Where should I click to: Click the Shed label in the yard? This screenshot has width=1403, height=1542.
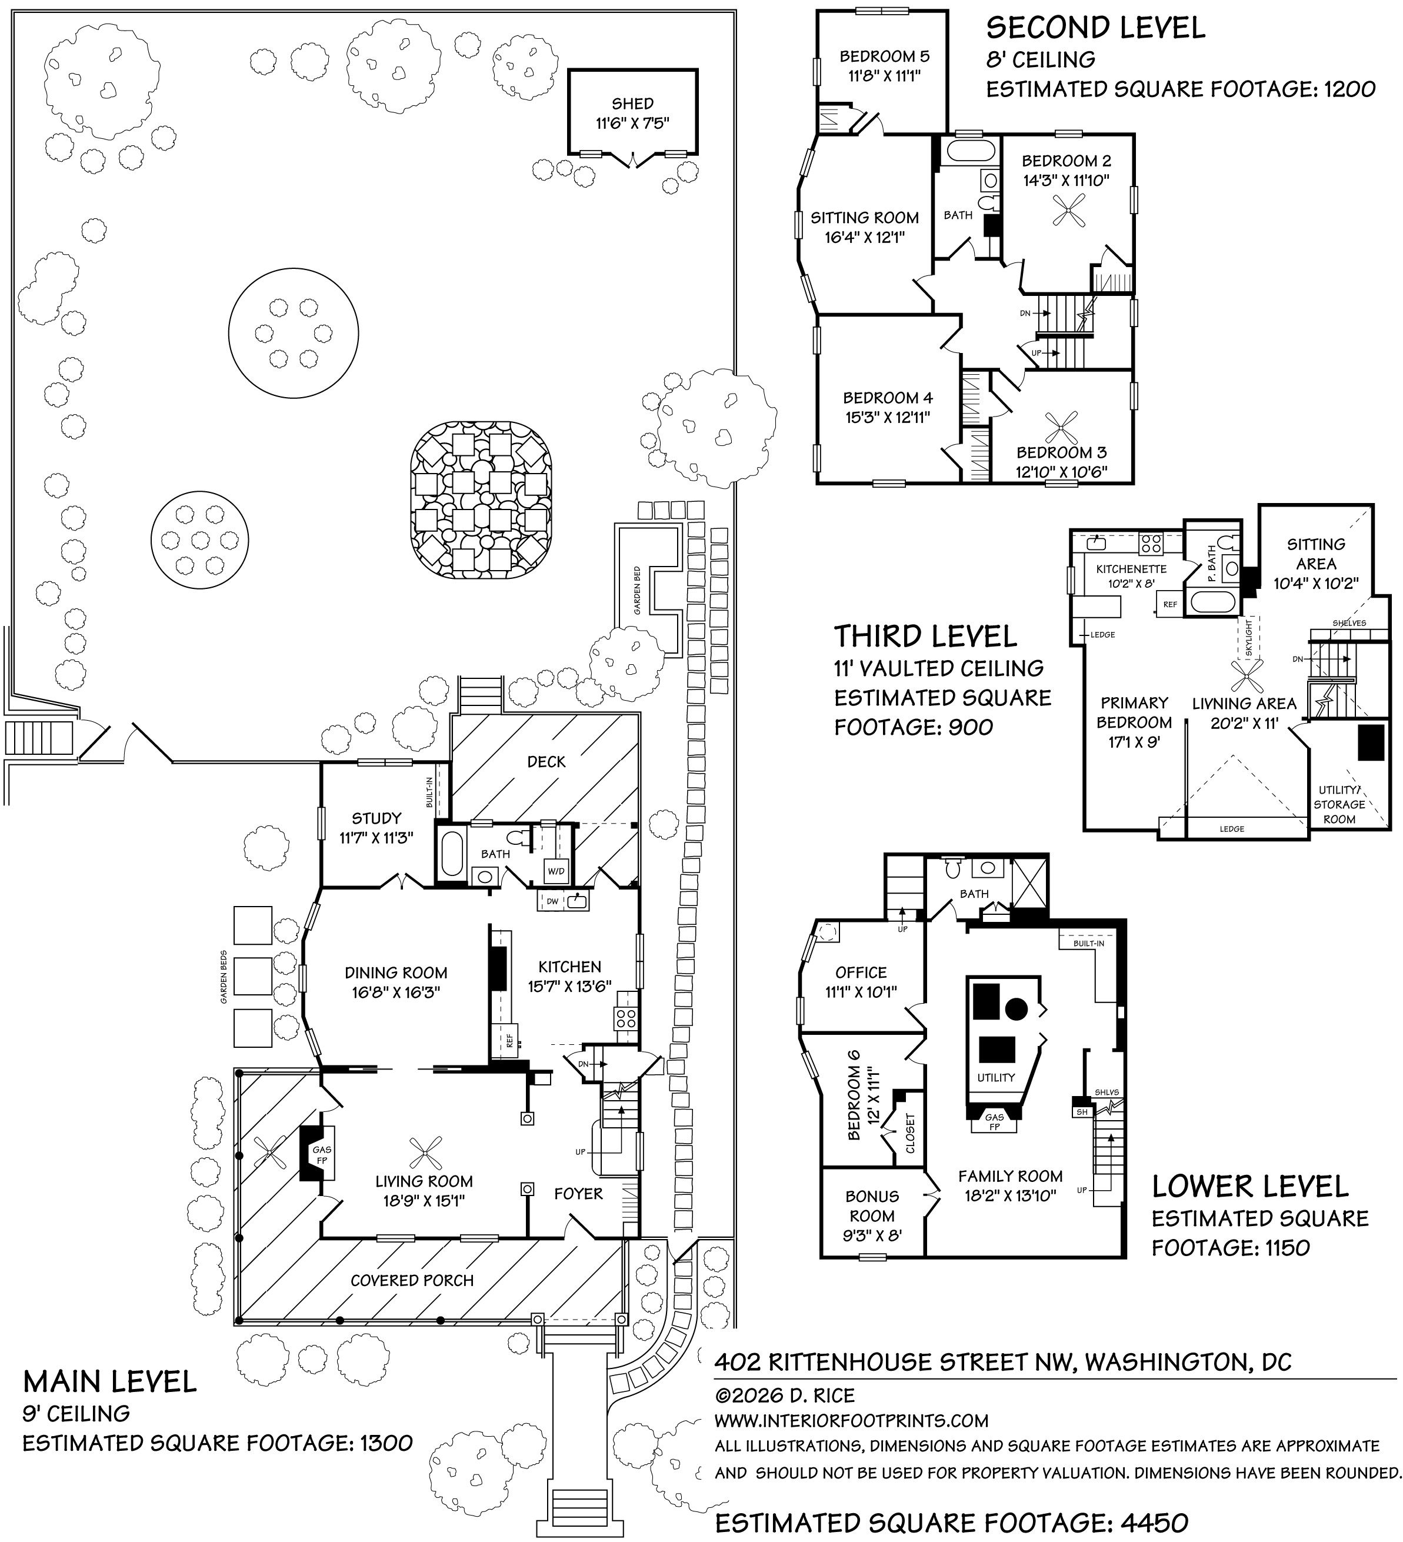(632, 104)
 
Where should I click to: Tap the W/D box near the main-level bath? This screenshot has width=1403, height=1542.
(555, 871)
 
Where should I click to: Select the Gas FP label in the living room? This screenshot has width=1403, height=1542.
(321, 1155)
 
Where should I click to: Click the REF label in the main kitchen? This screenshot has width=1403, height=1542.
(509, 1040)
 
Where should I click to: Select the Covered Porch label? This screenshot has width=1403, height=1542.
(412, 1280)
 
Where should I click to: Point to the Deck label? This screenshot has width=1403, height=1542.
(546, 761)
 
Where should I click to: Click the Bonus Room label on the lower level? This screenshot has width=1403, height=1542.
(872, 1206)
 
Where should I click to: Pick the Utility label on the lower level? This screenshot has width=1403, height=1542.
(995, 1078)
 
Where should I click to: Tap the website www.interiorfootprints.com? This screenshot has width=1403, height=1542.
(851, 1420)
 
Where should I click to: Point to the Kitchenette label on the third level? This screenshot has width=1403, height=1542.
(1131, 569)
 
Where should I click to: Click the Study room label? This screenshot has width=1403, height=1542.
(376, 818)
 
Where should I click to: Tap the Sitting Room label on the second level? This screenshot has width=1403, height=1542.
(864, 218)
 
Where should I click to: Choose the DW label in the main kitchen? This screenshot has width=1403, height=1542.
(552, 902)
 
